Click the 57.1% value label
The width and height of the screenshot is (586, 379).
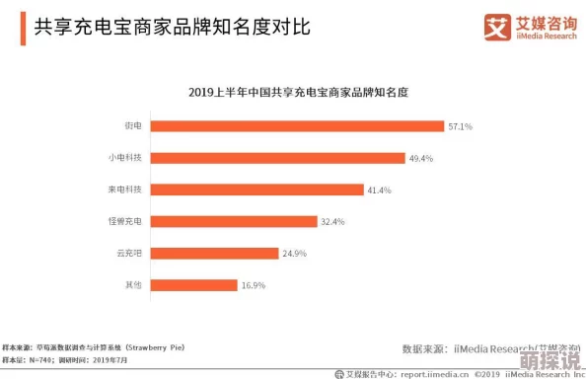[x=461, y=126]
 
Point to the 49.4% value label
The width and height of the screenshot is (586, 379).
[x=421, y=158]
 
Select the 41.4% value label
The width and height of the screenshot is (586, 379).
[x=380, y=189]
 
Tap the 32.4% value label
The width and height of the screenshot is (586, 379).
[x=332, y=222]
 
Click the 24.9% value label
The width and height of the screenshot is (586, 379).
[x=294, y=254]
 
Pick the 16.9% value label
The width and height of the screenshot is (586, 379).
[x=254, y=285]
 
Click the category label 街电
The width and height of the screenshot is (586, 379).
[x=132, y=126]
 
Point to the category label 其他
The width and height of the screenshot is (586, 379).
[x=132, y=284]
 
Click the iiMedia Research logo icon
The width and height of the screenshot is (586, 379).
[x=495, y=28]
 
